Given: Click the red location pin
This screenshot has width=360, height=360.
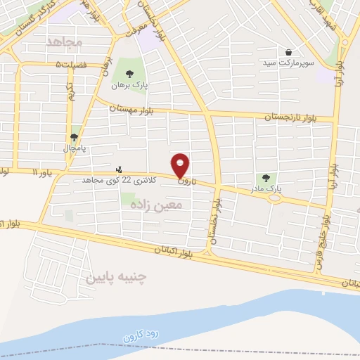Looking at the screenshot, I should tap(181, 165).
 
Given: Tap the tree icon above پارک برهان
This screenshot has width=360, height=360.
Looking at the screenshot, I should tap(129, 74).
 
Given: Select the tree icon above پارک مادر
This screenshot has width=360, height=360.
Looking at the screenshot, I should tap(265, 179).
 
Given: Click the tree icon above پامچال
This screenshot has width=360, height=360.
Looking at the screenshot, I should tap(75, 137).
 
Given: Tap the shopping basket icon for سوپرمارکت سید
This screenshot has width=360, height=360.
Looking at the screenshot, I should tap(289, 52).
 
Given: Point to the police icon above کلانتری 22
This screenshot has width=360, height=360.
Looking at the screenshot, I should tap(118, 169).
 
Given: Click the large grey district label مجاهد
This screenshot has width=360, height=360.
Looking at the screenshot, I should tap(64, 43).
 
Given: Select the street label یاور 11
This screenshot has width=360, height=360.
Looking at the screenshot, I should tap(42, 172).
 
